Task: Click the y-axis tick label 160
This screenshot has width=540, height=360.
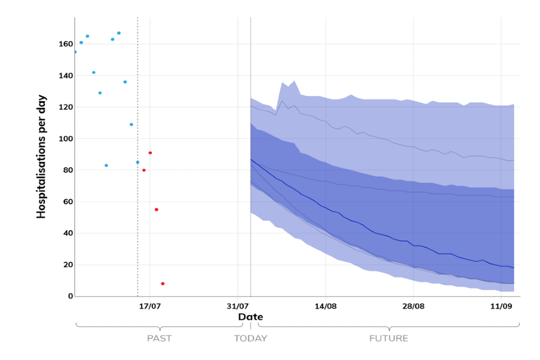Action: tap(65, 44)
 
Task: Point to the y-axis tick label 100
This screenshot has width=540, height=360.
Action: tap(65, 138)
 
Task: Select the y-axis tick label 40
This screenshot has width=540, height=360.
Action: tap(67, 233)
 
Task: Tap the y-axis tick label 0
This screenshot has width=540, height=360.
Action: tap(70, 296)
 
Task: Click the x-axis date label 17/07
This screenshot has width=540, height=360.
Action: tap(150, 307)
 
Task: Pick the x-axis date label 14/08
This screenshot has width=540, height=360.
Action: tap(326, 307)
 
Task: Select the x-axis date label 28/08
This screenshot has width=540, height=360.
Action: tap(413, 307)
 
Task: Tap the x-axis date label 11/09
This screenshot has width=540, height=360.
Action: tap(501, 307)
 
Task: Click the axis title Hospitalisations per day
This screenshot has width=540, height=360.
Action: tap(42, 156)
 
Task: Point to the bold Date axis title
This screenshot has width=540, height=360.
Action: tap(250, 317)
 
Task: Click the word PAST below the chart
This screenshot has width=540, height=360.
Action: tap(159, 339)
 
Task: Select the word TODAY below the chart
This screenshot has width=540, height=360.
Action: tap(251, 339)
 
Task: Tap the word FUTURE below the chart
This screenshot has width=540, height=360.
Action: tap(389, 339)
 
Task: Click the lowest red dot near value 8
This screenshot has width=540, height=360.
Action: tap(163, 283)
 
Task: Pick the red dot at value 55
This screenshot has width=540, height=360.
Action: tap(156, 209)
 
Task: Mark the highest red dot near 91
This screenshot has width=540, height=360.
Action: tap(150, 152)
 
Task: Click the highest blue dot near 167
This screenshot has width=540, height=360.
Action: tap(119, 33)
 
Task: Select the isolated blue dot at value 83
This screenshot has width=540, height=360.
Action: tap(106, 165)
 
